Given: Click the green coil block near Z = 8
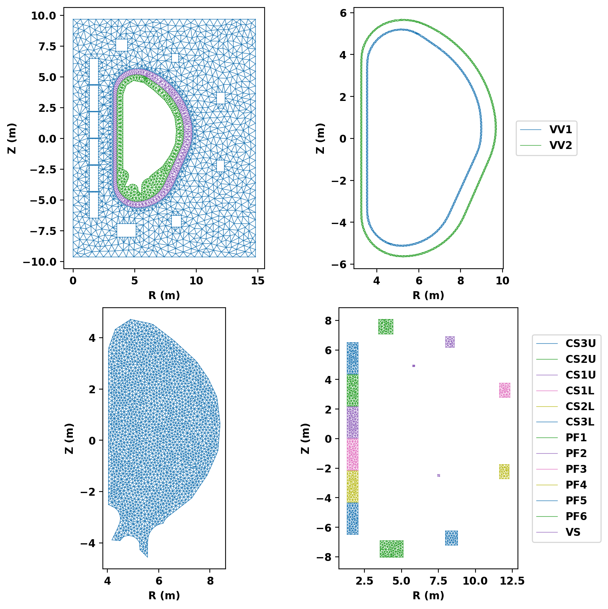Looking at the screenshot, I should click(385, 327).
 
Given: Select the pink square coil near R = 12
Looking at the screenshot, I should click(504, 390).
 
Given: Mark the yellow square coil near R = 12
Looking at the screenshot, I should click(504, 472).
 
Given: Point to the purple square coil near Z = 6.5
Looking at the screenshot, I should click(450, 342).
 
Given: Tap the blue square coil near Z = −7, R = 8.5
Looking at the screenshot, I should click(451, 538).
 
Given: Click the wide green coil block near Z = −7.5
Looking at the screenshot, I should click(391, 549).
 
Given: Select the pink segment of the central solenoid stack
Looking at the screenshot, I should click(352, 454).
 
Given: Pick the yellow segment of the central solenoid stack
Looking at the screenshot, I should click(352, 487).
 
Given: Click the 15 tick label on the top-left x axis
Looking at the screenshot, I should click(258, 281).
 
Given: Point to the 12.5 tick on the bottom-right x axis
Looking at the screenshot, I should click(512, 581).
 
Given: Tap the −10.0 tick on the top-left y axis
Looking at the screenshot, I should click(39, 262).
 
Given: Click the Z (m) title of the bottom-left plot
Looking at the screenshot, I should click(69, 438).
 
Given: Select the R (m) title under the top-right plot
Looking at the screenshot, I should click(428, 296).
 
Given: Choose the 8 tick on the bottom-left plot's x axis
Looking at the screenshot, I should click(210, 581).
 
